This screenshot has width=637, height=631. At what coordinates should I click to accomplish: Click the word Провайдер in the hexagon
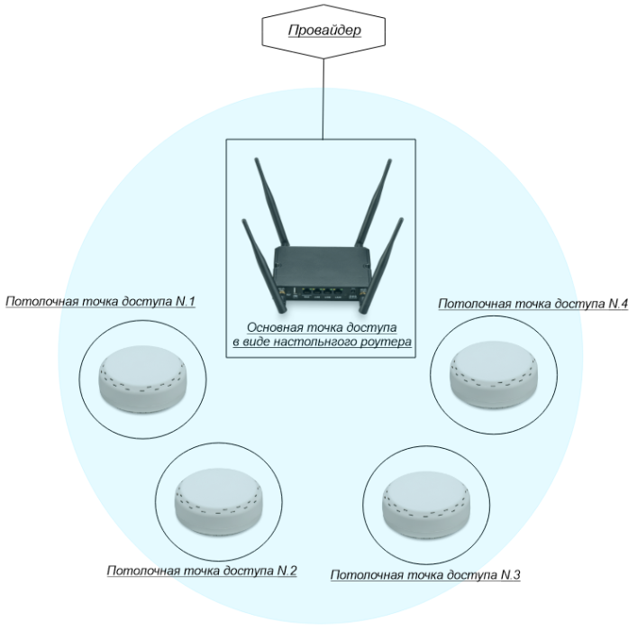(x=324, y=32)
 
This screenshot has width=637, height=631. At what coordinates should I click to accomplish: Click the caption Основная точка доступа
(x=322, y=328)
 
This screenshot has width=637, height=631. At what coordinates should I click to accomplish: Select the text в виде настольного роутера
(x=322, y=343)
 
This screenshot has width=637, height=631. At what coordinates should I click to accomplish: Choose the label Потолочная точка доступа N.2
(x=203, y=571)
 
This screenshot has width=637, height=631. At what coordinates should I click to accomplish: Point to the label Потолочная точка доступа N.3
(x=426, y=574)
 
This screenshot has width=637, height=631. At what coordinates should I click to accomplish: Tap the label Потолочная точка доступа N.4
(x=532, y=304)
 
